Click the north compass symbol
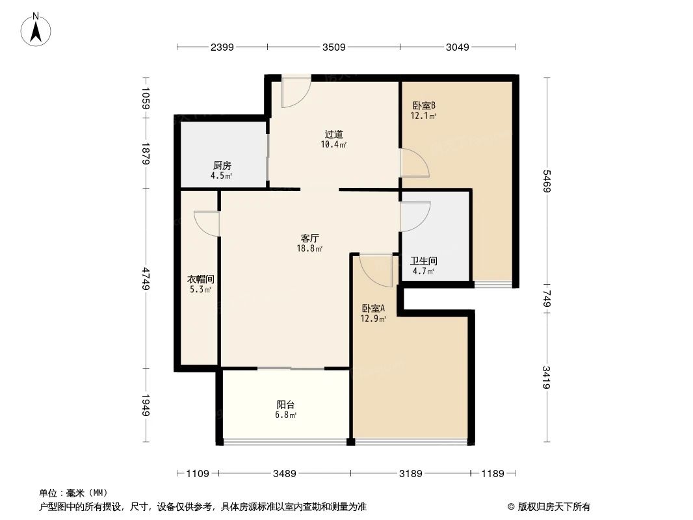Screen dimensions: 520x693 tap(36, 29)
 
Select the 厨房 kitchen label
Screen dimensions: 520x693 tap(222, 165)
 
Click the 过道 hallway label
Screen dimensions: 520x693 tap(334, 134)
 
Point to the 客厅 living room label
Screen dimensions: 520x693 tap(309, 238)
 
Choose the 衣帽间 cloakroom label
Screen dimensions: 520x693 tap(200, 279)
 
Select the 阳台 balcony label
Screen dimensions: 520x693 tap(286, 404)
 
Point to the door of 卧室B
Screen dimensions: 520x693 tap(413, 163)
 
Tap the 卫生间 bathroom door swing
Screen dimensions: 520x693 tap(415, 216)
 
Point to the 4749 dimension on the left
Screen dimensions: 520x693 tap(147, 279)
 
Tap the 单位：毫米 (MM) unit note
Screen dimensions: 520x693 tap(73, 493)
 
